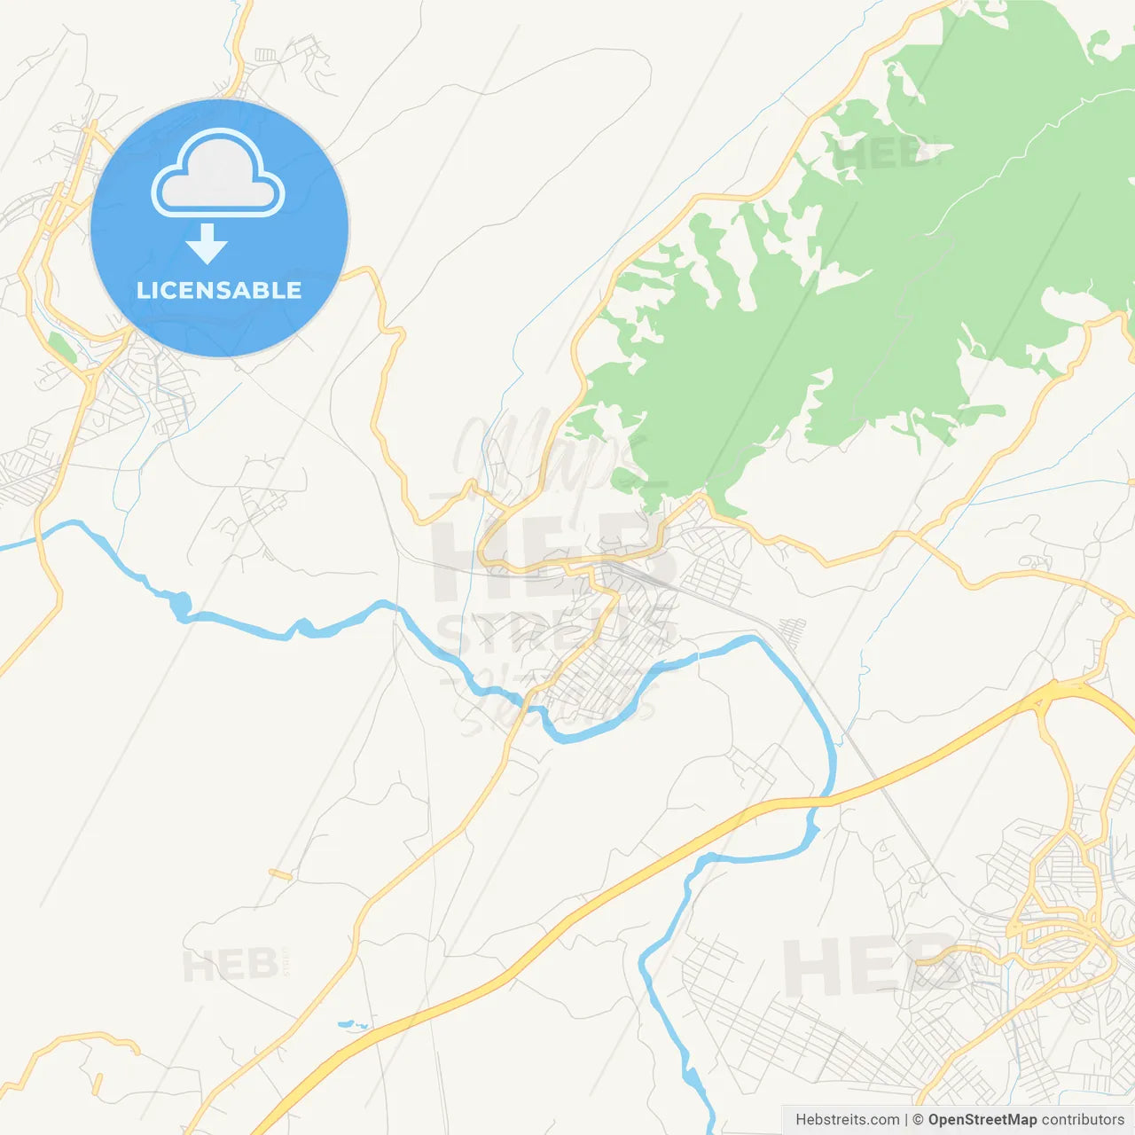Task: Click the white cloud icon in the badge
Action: pos(218,173)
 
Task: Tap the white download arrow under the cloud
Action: pos(207,244)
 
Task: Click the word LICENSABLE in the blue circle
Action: pos(219,290)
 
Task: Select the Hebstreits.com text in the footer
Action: pos(847,1120)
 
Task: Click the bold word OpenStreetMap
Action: pos(982,1120)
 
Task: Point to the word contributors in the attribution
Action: pos(1083,1120)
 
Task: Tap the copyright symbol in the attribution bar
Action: pos(918,1120)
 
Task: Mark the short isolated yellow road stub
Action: pos(280,874)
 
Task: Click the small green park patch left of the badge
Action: pos(62,348)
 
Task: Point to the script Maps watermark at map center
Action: pos(541,452)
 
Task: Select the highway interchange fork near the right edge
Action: pos(1046,696)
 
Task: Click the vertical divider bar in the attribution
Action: pos(906,1120)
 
